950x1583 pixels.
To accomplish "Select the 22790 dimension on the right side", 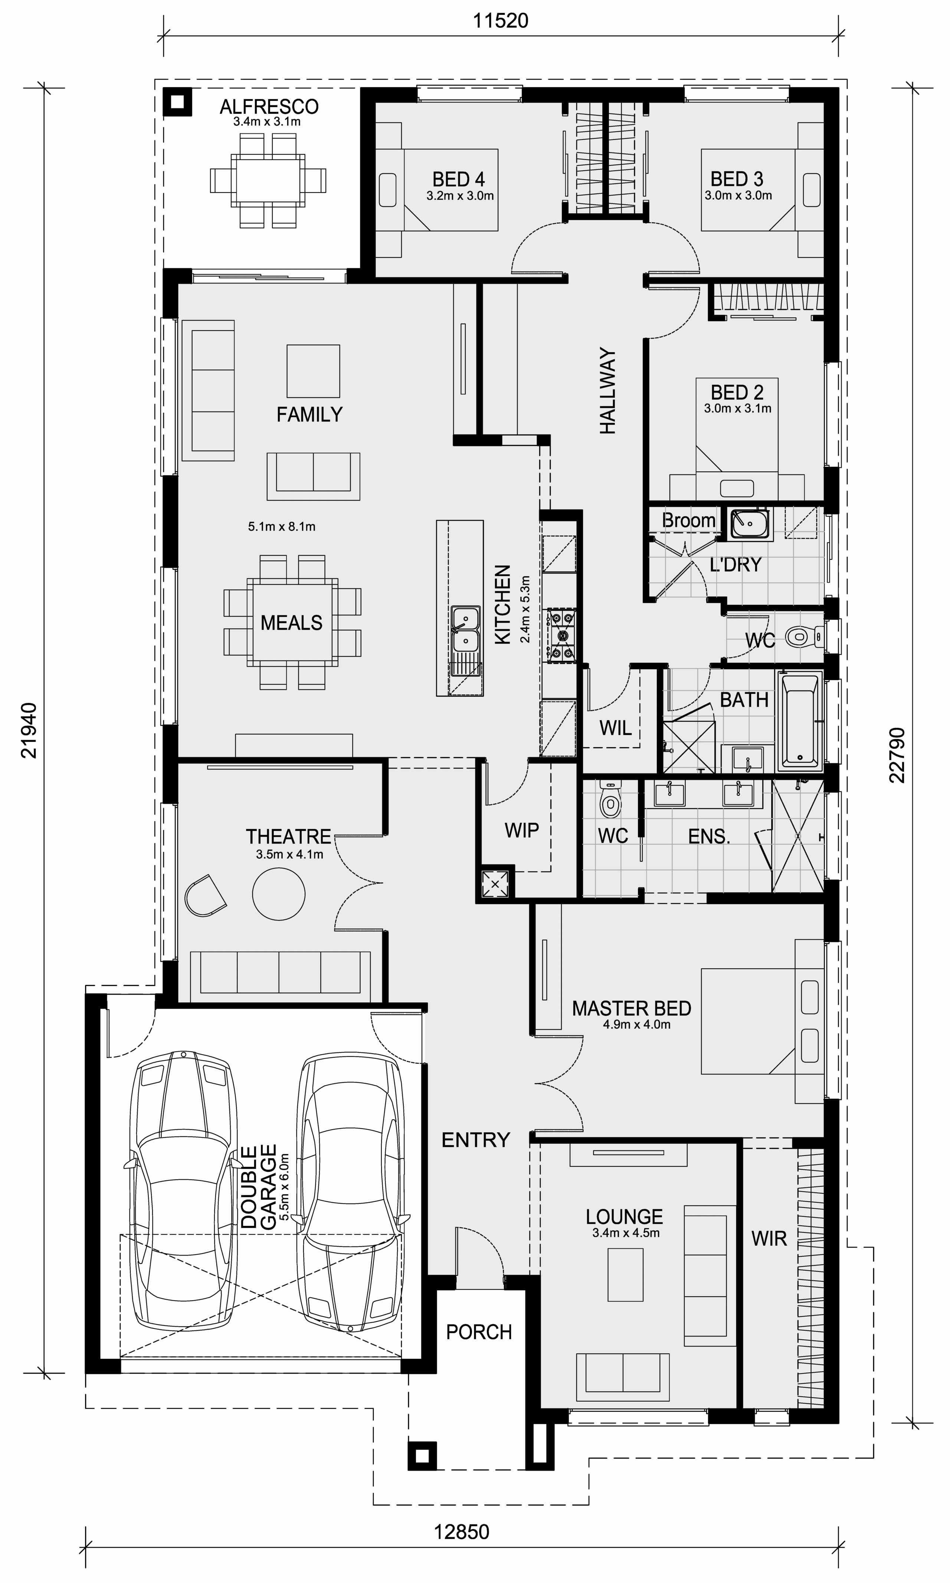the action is (x=898, y=755).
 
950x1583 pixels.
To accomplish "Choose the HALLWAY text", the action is (x=607, y=391).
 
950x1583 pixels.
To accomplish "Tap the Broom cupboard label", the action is (x=688, y=520).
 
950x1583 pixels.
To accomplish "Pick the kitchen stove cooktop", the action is (x=561, y=636).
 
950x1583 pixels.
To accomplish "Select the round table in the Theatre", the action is (x=278, y=893).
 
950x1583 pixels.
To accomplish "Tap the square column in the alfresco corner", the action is (x=177, y=101).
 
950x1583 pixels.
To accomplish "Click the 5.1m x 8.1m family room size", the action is (x=282, y=526).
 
